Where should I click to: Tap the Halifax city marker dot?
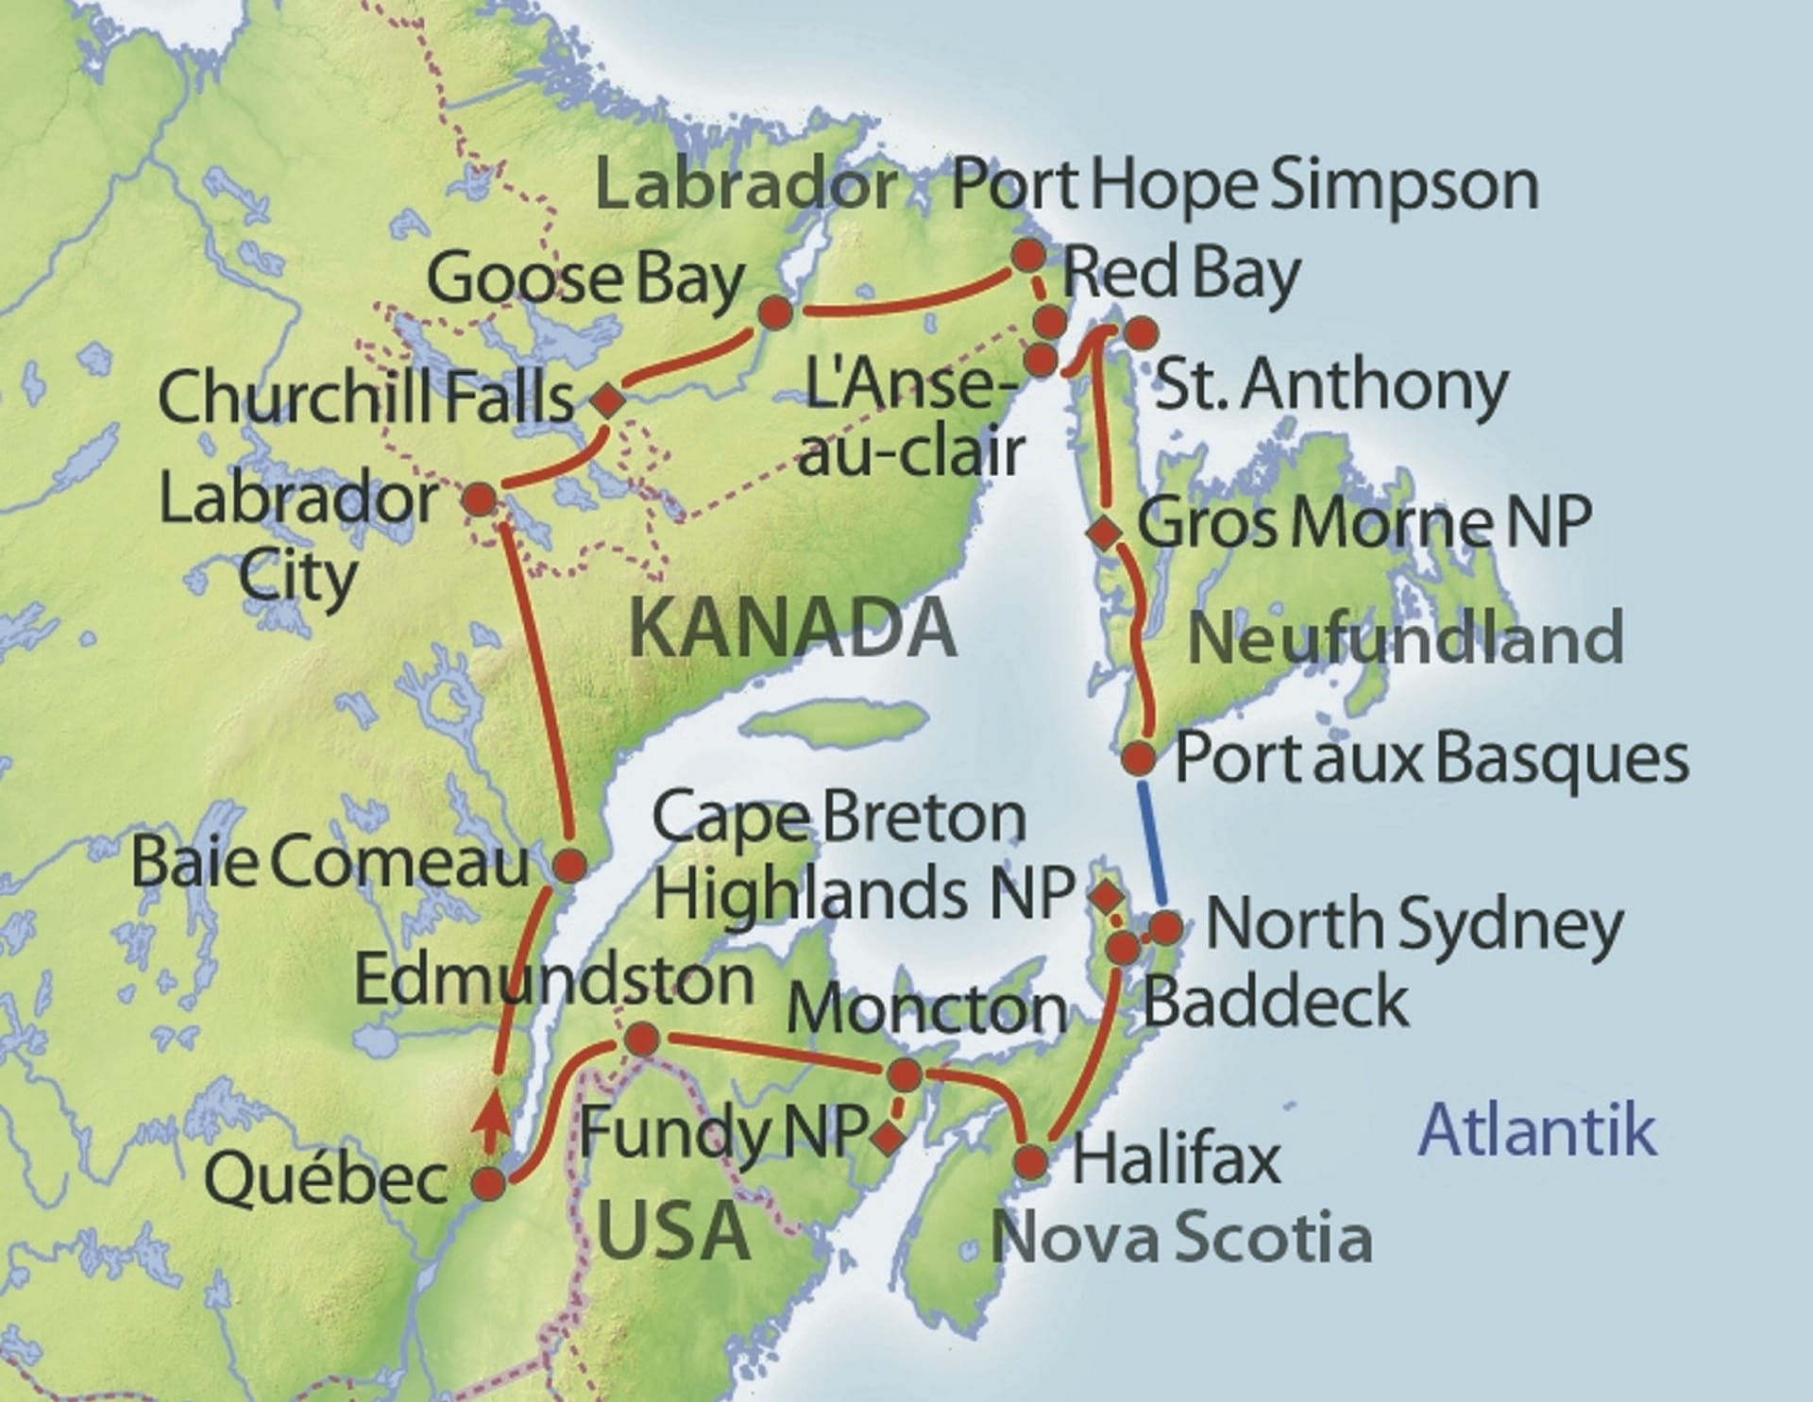1032,1161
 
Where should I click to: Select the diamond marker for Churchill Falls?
608,400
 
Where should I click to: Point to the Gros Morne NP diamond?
1104,532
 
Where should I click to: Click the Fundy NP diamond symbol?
887,1139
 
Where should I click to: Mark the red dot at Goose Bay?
774,312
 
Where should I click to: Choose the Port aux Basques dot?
1139,757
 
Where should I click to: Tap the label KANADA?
792,630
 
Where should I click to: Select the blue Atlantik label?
1538,1130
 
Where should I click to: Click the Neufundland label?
1405,638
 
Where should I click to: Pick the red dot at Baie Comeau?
569,865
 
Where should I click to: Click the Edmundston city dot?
642,1039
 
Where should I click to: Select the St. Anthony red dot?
1142,332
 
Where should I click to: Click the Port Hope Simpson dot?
1028,254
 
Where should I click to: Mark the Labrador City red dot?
480,499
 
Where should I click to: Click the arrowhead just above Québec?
488,1119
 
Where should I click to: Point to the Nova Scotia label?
1180,1238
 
